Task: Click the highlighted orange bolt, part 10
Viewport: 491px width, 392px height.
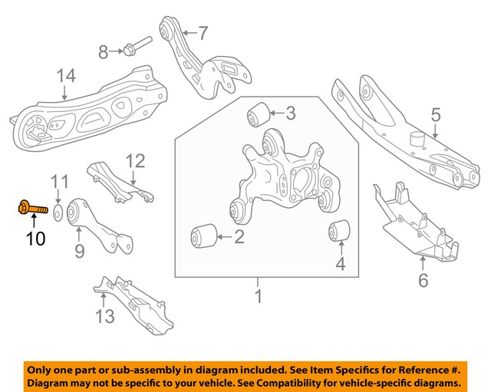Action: tap(28, 206)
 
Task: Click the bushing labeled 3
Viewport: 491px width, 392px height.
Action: tap(258, 114)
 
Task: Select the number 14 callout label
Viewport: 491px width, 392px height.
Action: tap(66, 77)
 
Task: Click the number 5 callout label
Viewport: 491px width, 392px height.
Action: tap(436, 116)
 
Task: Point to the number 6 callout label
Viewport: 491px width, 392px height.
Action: tap(423, 280)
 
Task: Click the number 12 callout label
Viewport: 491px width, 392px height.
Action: tap(135, 161)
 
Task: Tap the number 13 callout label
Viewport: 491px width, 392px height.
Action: tap(104, 315)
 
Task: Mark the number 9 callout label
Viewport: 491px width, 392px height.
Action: tap(79, 250)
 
